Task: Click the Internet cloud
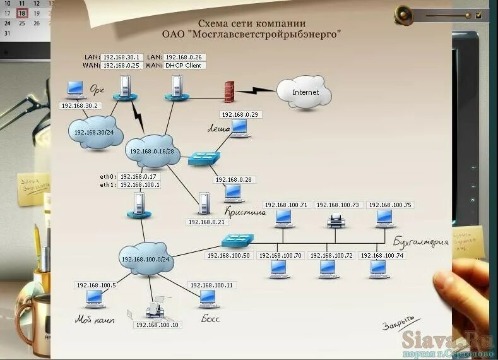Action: [305, 92]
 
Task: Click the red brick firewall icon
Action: [229, 92]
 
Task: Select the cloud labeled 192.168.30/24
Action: [94, 133]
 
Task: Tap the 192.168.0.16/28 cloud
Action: [154, 152]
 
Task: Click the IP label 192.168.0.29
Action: [240, 115]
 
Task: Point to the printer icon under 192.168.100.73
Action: [335, 220]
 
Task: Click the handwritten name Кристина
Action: [244, 213]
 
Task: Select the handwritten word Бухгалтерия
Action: [420, 241]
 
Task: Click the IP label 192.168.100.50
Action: [228, 255]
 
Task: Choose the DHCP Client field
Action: [185, 65]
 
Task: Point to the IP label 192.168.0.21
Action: [206, 222]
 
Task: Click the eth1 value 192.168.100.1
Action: [139, 185]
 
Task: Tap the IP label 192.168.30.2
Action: [80, 105]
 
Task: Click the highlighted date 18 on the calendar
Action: [23, 13]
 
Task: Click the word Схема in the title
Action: [214, 23]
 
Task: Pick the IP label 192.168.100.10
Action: [157, 325]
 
